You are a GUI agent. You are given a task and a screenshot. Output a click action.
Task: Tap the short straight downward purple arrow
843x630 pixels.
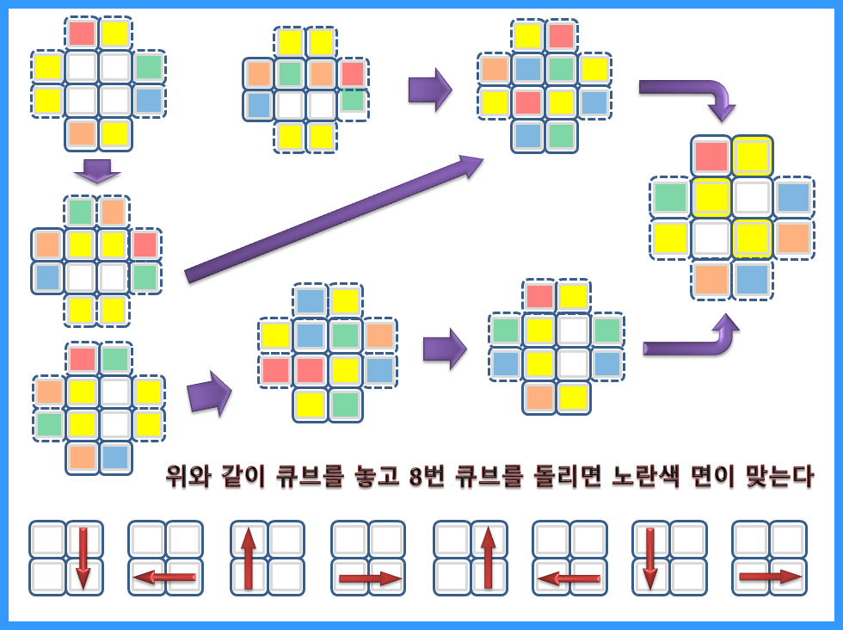(97, 170)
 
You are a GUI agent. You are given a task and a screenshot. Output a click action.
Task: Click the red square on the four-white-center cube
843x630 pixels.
(82, 34)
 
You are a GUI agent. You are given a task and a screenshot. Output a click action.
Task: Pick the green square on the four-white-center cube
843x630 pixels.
(149, 66)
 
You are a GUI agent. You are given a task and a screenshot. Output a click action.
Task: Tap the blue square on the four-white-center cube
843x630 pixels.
(149, 100)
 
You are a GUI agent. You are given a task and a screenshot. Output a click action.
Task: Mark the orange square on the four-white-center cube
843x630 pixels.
(82, 133)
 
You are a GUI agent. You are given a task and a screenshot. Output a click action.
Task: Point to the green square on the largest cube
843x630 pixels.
(670, 197)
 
